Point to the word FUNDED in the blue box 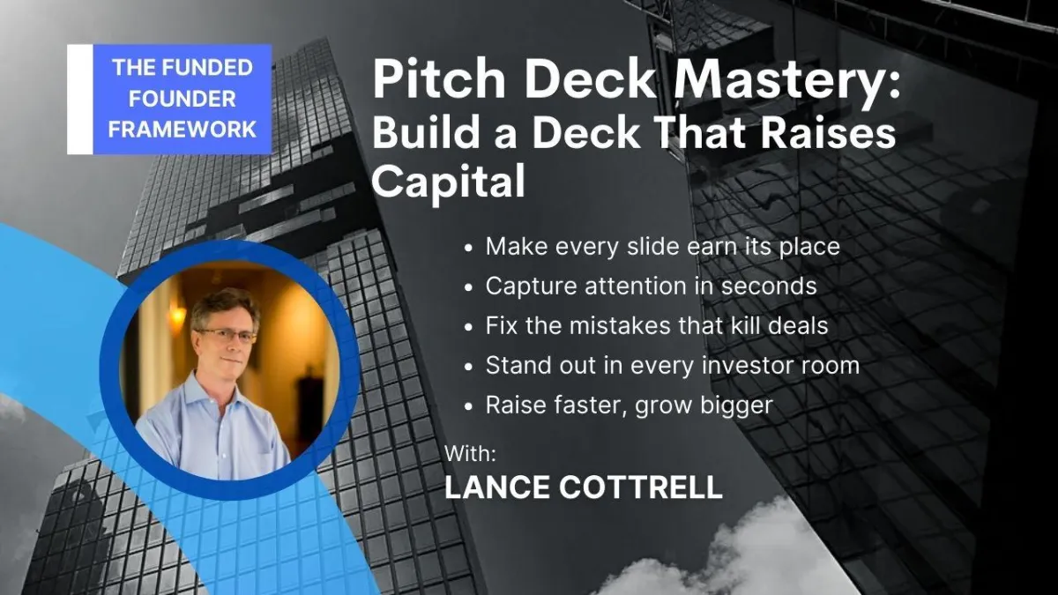[208, 68]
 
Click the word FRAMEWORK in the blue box [183, 129]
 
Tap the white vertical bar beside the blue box [80, 99]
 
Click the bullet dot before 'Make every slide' [468, 249]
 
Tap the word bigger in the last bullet [736, 406]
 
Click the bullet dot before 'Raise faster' [468, 406]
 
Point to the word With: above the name [471, 453]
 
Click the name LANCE [497, 487]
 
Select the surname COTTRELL [641, 487]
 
